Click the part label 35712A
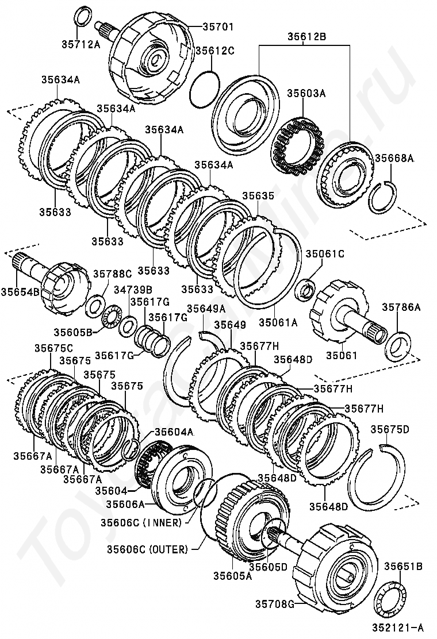coord(80,44)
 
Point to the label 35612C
coord(215,51)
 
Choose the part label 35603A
coord(306,93)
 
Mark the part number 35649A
coord(206,309)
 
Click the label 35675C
coord(53,348)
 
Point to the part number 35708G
coord(275,603)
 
